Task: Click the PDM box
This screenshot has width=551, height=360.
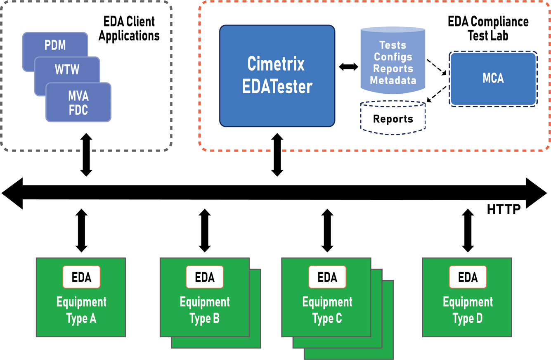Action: [55, 45]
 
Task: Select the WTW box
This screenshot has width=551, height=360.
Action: [67, 69]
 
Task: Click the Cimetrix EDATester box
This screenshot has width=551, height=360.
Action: [277, 76]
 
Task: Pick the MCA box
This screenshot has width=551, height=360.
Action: [493, 78]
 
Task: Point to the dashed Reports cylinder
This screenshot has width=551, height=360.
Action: [393, 118]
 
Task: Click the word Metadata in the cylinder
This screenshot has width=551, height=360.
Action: [393, 81]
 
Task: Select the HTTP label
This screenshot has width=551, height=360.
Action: [504, 209]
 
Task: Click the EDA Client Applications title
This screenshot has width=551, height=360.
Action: [129, 29]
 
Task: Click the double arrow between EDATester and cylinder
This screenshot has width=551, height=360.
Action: [348, 66]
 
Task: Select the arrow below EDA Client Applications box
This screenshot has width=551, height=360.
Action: [86, 155]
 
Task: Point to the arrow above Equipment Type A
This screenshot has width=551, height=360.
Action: [81, 230]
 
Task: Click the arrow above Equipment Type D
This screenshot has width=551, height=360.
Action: [468, 230]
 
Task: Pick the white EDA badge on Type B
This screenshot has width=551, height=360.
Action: [205, 277]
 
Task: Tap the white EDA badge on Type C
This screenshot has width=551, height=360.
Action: [327, 277]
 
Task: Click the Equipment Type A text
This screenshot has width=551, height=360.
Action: [81, 310]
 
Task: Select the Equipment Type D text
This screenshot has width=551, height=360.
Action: [468, 310]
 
